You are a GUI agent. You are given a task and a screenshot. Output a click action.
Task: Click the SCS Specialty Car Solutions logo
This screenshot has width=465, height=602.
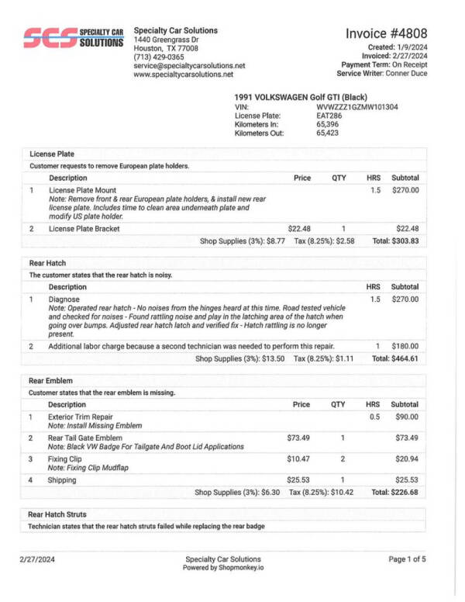pyautogui.click(x=74, y=38)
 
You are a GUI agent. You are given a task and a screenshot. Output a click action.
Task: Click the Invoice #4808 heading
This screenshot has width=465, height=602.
pyautogui.click(x=386, y=33)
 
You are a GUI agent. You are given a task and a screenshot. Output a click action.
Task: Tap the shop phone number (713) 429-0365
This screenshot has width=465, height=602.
pyautogui.click(x=159, y=57)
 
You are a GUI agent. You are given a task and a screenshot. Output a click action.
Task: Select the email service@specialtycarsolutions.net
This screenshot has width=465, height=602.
pyautogui.click(x=189, y=66)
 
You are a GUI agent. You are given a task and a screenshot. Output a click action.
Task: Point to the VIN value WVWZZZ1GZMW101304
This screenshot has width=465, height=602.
pyautogui.click(x=357, y=107)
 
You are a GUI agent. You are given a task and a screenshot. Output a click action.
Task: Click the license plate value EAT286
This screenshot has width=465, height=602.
pyautogui.click(x=329, y=116)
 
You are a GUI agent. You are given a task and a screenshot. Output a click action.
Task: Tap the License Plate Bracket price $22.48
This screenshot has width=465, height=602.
pyautogui.click(x=299, y=228)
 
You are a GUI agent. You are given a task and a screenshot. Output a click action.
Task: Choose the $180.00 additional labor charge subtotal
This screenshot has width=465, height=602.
pyautogui.click(x=405, y=346)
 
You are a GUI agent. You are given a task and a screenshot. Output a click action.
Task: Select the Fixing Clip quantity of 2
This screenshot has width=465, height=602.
pyautogui.click(x=342, y=459)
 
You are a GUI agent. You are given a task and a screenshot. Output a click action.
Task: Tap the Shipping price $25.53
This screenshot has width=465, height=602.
pyautogui.click(x=298, y=479)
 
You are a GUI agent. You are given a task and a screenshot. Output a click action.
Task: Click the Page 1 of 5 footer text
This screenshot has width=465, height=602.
pyautogui.click(x=407, y=559)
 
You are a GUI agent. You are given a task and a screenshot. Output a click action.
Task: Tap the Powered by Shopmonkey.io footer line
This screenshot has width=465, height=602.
pyautogui.click(x=223, y=568)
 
